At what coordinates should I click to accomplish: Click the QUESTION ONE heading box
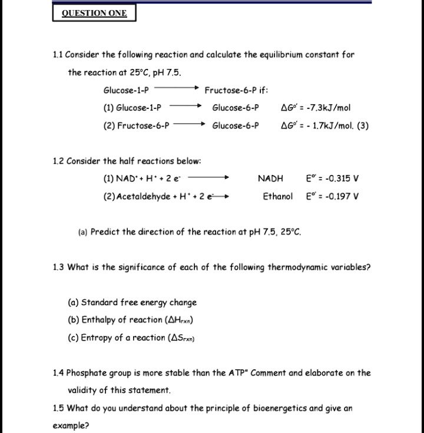coord(95,13)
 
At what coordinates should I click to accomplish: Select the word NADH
coord(270,179)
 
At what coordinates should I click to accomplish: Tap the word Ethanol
coord(277,196)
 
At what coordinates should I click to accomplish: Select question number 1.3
coord(58,267)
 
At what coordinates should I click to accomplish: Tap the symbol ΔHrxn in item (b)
coord(181,320)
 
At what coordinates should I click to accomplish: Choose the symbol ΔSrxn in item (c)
coord(183,338)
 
